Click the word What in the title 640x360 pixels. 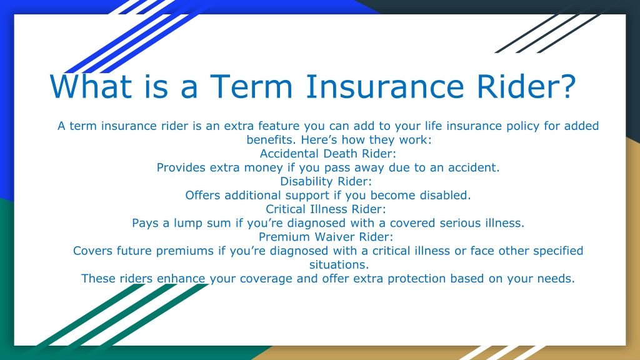point(91,86)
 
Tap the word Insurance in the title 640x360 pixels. point(385,86)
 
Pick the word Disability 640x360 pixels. point(302,181)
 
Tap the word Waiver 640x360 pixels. point(335,237)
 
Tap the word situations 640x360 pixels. point(339,264)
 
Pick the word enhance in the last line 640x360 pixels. point(181,278)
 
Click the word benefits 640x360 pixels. point(271,139)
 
